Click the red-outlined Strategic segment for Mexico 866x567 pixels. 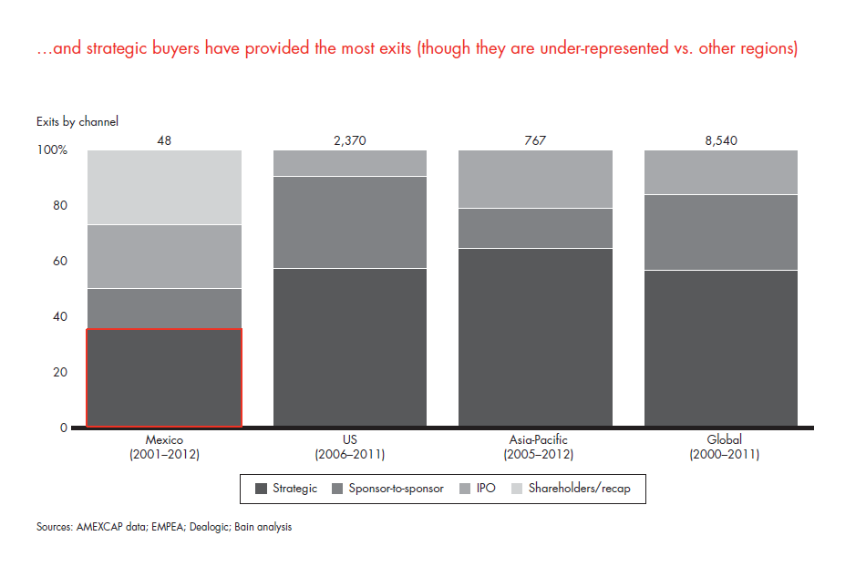pos(164,377)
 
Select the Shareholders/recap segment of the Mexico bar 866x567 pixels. pos(164,187)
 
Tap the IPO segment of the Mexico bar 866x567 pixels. pos(164,256)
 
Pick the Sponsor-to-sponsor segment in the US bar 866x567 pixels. pos(350,222)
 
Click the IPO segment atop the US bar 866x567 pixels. pos(350,163)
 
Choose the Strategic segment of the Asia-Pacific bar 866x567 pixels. pos(536,337)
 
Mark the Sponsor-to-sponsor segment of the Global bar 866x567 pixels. pos(721,232)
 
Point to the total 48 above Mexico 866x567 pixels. pos(164,140)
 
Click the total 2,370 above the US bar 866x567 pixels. pos(350,140)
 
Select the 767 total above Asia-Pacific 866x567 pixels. pos(536,140)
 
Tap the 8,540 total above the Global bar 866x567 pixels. pos(721,140)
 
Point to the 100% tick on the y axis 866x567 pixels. pos(52,150)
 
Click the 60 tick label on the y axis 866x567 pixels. pos(59,262)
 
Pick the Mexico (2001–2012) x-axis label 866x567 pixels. pos(164,447)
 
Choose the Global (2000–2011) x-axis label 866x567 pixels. pos(721,447)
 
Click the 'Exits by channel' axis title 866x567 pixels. pos(77,121)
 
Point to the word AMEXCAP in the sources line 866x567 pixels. pos(102,527)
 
